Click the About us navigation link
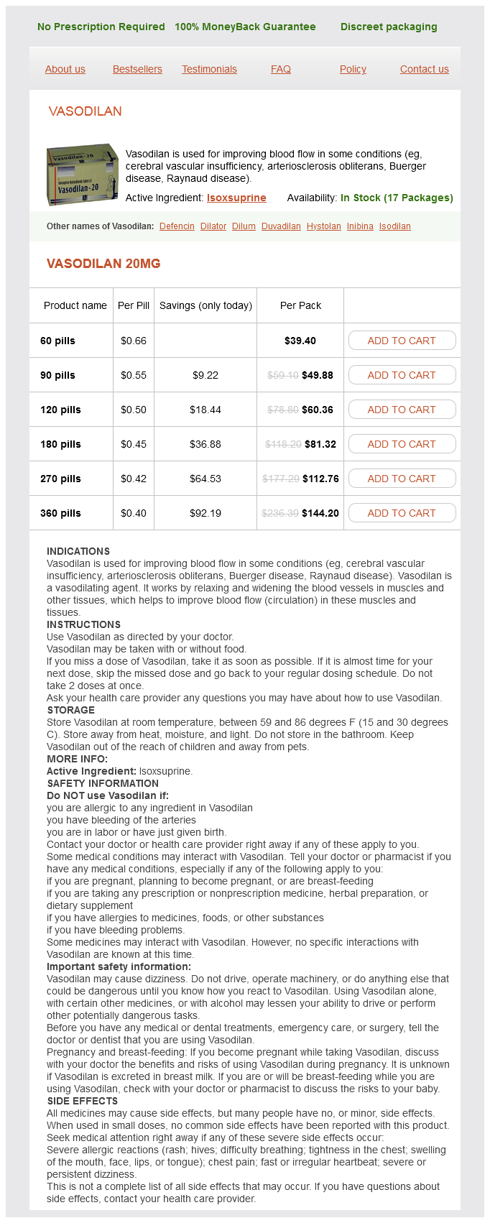(65, 69)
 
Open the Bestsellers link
(137, 69)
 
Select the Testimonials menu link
(209, 69)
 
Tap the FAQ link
(281, 69)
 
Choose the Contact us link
(424, 69)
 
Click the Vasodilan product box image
(82, 175)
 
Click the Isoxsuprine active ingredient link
(236, 198)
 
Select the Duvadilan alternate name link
(281, 226)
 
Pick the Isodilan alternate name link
(394, 226)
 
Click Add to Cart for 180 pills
(402, 444)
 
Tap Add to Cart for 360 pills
(402, 513)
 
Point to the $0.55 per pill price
(134, 375)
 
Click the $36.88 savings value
(205, 444)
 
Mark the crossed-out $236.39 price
(280, 513)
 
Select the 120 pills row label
(60, 410)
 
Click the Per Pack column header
(300, 305)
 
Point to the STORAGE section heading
(70, 710)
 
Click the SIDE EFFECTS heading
(82, 1101)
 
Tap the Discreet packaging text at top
(389, 27)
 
